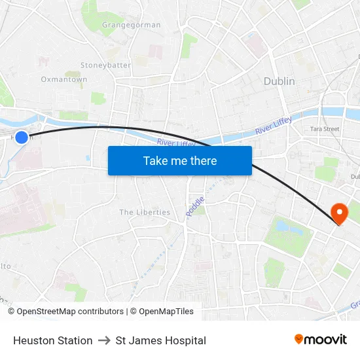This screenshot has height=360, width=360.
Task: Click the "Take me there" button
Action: coord(180,160)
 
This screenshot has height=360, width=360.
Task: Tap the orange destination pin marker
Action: coord(339,213)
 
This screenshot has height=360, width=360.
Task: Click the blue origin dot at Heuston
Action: coord(22,137)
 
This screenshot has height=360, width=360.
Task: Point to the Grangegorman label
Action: coord(131,25)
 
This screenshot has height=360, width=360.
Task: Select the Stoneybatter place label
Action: coord(105,65)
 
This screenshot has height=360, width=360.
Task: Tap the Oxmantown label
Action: coord(64,79)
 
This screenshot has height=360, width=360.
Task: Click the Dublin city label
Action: coord(279,81)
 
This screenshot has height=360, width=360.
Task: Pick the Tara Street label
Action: coord(325,129)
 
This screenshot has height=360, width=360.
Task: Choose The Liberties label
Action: coord(145,212)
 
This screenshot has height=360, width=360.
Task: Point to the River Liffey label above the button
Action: coord(177,142)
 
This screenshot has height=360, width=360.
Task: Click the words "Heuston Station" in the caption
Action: coord(52,340)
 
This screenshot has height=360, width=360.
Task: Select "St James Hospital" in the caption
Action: coord(160,340)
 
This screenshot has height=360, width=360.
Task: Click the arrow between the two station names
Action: coord(104,340)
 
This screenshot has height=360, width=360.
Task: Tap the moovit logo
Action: coord(320,340)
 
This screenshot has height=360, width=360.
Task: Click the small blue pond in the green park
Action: coord(286,226)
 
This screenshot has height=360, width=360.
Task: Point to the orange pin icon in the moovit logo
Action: coord(299,339)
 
